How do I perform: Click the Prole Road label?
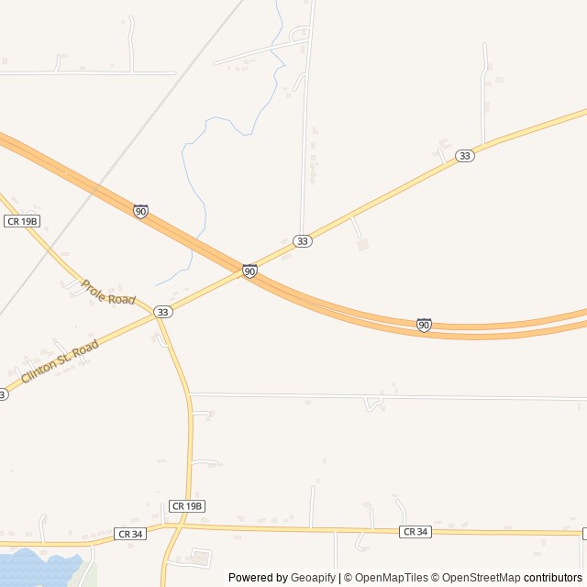point(108,293)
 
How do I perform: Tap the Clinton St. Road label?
point(60,360)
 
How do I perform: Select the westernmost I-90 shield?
point(140,211)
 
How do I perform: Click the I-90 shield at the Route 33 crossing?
point(249,271)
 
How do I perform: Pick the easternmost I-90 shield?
point(424,325)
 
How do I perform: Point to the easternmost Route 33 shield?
point(465,156)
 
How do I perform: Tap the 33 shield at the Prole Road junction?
point(162,312)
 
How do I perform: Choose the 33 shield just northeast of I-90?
point(303,241)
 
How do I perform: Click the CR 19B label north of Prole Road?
point(22,221)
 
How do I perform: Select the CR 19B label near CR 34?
point(187,506)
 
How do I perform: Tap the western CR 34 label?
point(131,533)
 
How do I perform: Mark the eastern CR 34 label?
point(415,532)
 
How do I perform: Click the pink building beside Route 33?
point(362,245)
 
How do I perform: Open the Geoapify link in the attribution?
point(313,578)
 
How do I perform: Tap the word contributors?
point(553,578)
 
